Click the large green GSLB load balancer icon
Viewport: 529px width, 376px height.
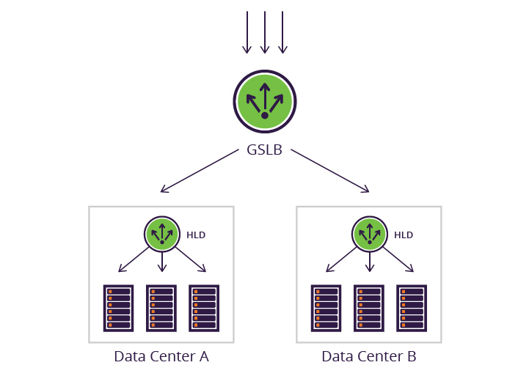264,101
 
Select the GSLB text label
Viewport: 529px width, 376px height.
264,152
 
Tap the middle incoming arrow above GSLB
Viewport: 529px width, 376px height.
265,33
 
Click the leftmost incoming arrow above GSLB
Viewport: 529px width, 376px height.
247,33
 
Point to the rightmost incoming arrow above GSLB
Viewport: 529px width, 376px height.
282,33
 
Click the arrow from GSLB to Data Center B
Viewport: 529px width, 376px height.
329,172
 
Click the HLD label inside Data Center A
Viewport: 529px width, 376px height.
196,235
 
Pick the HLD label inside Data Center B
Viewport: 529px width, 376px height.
404,235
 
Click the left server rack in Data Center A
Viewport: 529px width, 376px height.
118,309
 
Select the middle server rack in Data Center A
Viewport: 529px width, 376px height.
161,309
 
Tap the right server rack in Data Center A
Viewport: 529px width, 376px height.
204,309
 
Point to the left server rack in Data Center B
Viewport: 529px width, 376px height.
326,309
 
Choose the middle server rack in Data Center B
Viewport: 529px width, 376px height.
369,309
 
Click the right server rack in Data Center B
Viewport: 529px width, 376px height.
412,309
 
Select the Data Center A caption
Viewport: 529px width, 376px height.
161,357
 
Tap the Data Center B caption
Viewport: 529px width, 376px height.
369,357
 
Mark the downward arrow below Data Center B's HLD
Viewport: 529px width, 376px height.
369,262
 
